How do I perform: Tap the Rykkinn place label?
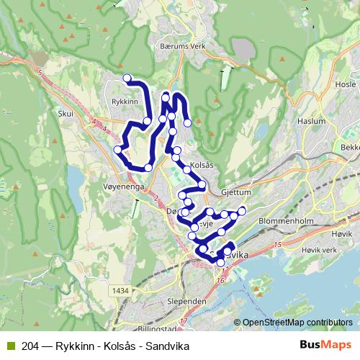(125, 102)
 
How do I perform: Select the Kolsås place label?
(202, 165)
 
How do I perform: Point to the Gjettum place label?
(235, 193)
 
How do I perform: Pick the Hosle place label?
(346, 84)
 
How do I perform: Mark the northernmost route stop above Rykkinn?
(127, 78)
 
